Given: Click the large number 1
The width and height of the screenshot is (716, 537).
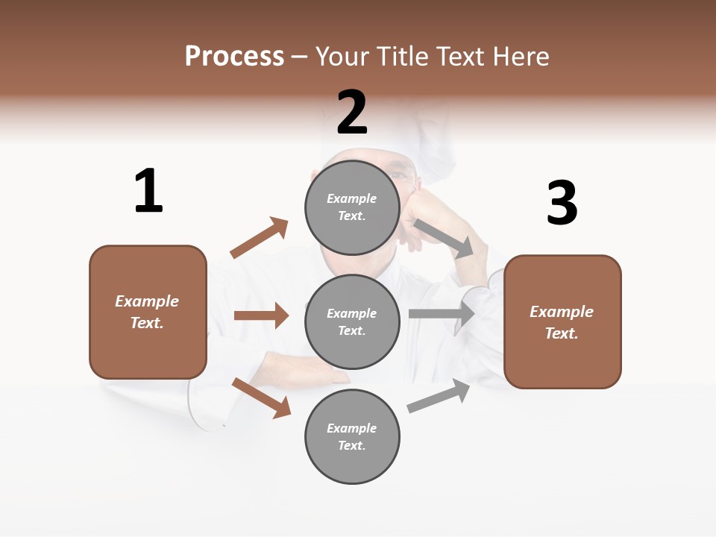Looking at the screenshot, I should tap(148, 191).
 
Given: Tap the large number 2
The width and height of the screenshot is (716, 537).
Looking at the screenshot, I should tap(352, 113).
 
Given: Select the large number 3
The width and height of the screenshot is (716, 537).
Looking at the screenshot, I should tap(562, 203).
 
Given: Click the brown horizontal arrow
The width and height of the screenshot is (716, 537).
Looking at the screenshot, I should tap(261, 315).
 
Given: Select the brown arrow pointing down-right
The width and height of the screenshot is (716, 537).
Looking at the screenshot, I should tap(261, 397).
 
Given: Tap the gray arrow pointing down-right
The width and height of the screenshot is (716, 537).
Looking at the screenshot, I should tap(445, 238).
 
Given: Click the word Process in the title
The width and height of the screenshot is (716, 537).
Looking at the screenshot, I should tap(234, 56).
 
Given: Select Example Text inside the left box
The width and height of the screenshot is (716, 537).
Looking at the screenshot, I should tap(148, 312).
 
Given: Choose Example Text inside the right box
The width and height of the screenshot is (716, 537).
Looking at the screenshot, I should tap(562, 322).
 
